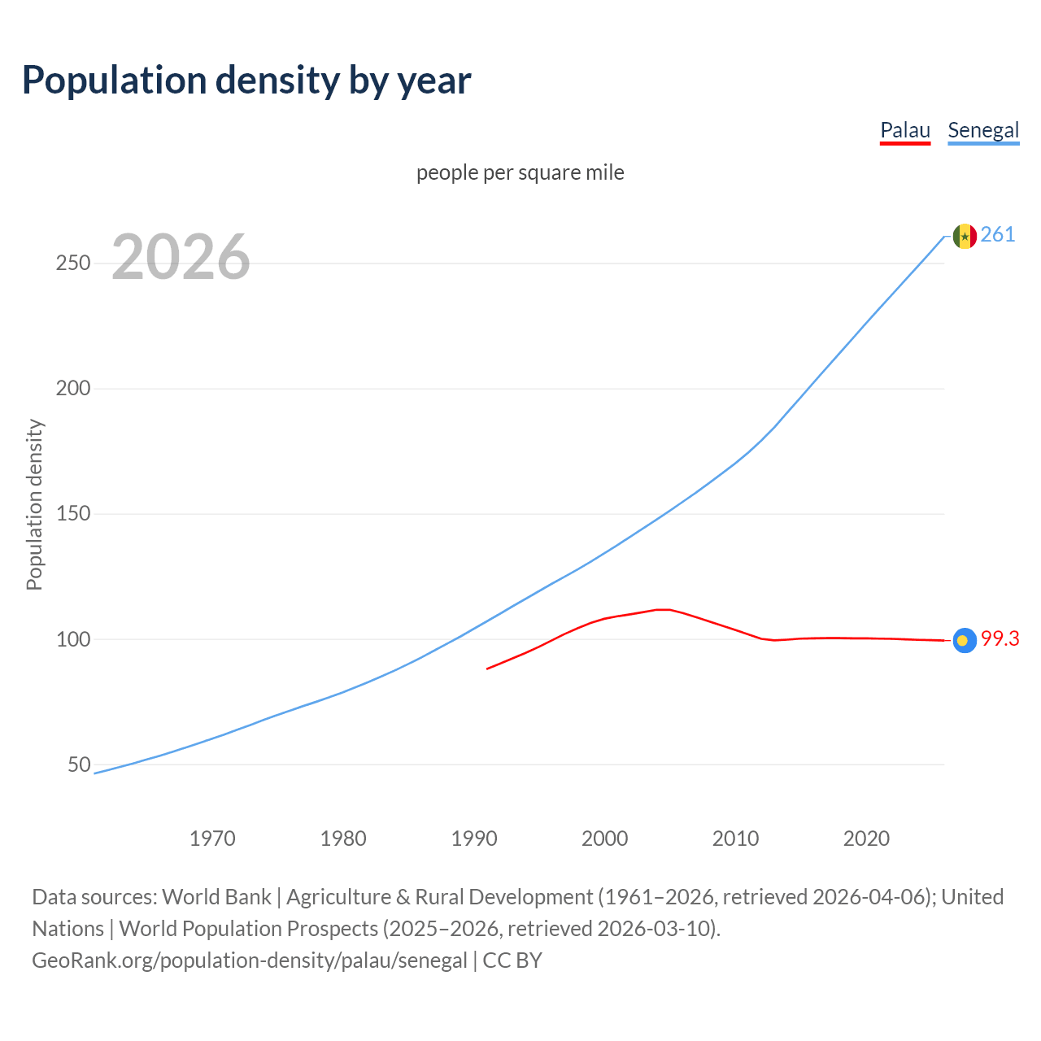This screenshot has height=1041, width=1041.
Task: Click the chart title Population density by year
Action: pos(246,80)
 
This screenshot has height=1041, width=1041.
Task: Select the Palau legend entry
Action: pos(904,130)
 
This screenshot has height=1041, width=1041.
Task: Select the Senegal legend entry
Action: pos(983,130)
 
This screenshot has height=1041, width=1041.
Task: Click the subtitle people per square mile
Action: pos(520,172)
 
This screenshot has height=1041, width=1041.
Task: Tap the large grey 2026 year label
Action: pos(181,257)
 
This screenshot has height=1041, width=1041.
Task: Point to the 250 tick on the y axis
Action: pos(72,264)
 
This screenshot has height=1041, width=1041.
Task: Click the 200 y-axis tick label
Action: pos(72,389)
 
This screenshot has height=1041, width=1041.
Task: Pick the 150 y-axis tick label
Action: pos(72,514)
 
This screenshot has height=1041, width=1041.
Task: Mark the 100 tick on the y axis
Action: pos(72,639)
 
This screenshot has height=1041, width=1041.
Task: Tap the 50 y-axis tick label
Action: pos(79,764)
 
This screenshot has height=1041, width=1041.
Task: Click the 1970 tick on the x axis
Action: pos(212,838)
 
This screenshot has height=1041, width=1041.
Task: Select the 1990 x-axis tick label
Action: pos(474,838)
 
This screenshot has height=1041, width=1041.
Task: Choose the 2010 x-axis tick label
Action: pos(735,838)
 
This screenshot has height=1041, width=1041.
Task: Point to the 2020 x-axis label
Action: pos(866,838)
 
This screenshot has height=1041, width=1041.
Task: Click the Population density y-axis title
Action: pos(34,504)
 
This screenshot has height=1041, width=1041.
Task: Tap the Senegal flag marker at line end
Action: pos(965,236)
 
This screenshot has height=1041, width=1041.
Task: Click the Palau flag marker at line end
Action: pos(965,641)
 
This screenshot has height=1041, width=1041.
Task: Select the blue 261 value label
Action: pos(998,235)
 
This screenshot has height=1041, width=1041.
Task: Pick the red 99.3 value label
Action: pos(1000,639)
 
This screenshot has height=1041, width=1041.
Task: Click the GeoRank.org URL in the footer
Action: pos(250,960)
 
